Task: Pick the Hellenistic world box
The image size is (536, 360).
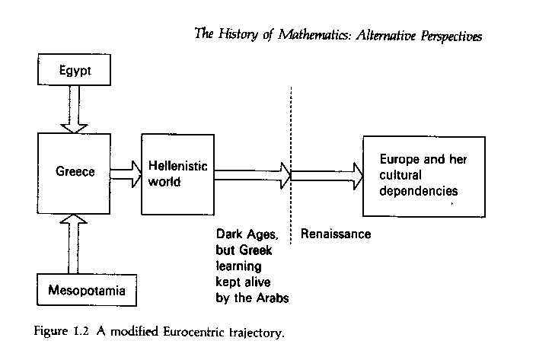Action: [178, 173]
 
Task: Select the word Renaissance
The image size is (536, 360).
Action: [336, 234]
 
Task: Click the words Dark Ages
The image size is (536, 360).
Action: [244, 234]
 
